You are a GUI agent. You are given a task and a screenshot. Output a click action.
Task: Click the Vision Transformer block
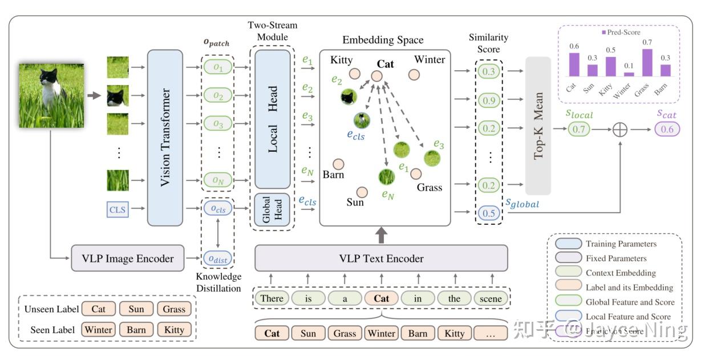tap(165, 137)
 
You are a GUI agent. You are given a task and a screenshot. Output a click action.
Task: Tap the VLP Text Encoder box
tap(381, 258)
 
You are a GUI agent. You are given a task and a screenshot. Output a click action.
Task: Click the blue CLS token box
tap(117, 210)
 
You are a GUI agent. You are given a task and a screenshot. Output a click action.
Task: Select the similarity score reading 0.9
tap(488, 100)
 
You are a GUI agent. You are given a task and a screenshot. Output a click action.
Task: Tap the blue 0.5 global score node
tap(488, 213)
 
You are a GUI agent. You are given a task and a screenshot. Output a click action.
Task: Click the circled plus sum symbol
tap(619, 130)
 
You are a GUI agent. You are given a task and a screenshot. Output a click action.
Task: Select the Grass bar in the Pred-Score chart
tap(647, 63)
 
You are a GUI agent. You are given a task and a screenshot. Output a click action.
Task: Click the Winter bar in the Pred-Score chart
tap(629, 74)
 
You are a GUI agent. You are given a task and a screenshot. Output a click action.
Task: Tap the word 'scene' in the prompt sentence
tap(491, 298)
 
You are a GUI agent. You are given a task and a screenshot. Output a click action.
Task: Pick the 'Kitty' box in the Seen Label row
tap(174, 330)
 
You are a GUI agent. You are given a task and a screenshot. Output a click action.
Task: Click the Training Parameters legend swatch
tap(568, 244)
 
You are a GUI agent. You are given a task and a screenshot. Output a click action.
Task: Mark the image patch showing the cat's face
tap(118, 96)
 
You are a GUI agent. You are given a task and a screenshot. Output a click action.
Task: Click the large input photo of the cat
tap(51, 95)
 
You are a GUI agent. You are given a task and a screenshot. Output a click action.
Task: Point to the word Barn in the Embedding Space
tap(333, 175)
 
